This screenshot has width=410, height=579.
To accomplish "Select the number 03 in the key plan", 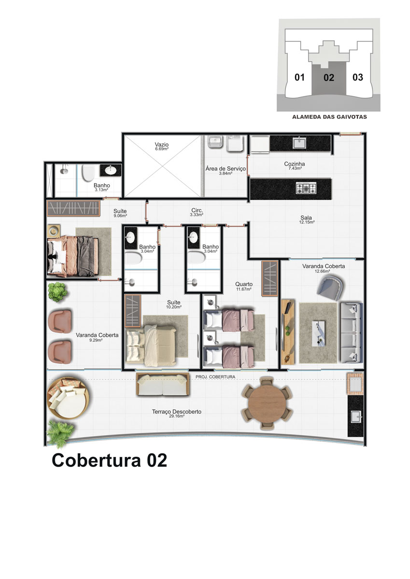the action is coord(358,77).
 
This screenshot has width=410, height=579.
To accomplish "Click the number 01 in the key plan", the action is coord(299,77).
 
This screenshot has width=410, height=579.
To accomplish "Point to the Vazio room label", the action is coord(162,144).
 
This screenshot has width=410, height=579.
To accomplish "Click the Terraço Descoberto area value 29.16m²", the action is coord(177,416).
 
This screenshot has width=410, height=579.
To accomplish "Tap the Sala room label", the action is coord(306,218).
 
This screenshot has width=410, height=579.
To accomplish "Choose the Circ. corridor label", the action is coord(197,210).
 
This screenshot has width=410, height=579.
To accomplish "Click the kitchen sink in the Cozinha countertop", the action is coord(299,143).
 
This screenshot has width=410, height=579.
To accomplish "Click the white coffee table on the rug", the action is coord(319,333).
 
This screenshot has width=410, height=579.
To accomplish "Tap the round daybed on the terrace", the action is coord(68,398).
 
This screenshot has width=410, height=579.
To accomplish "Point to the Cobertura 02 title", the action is coord(110,460).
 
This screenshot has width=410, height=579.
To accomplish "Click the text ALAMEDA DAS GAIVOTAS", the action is coord(329,117).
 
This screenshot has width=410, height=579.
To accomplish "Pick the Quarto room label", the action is coord(244,284).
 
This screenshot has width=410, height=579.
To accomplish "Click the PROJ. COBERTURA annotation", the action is coord(215,377).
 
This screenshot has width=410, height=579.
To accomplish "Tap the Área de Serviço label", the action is coord(226,168).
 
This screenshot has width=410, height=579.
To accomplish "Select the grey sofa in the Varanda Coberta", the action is coord(352,332).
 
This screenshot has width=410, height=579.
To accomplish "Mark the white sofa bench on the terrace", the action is coord(163,385).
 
